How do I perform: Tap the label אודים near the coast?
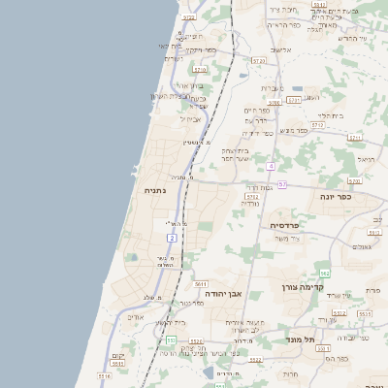(x=136, y=317)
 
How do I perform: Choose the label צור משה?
(x=287, y=239)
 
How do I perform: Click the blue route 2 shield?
(x=172, y=237)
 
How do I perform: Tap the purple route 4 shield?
(x=271, y=167)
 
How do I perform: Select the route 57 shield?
(x=281, y=184)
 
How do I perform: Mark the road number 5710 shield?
(x=201, y=70)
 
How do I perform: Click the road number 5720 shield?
(x=257, y=60)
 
